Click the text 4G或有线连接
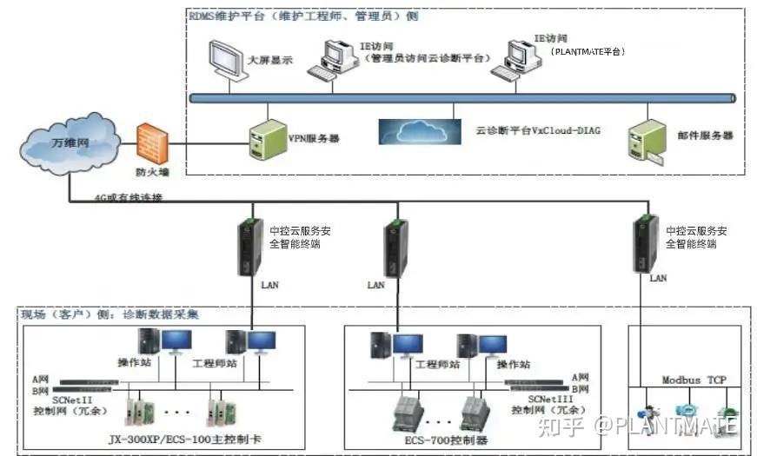[x=128, y=198]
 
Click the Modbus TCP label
[x=693, y=380]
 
